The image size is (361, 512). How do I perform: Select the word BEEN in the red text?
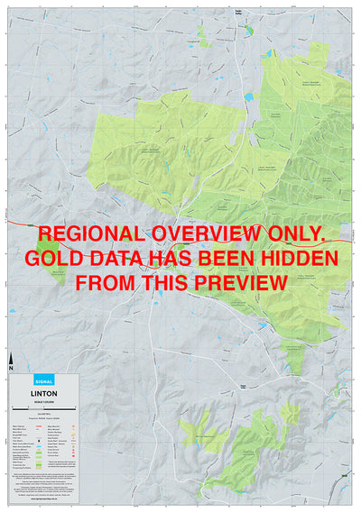(x=229, y=259)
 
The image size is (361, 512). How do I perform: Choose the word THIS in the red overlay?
(x=167, y=282)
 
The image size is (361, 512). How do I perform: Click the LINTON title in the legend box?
(x=45, y=393)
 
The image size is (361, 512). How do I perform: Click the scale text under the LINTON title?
(x=45, y=400)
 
